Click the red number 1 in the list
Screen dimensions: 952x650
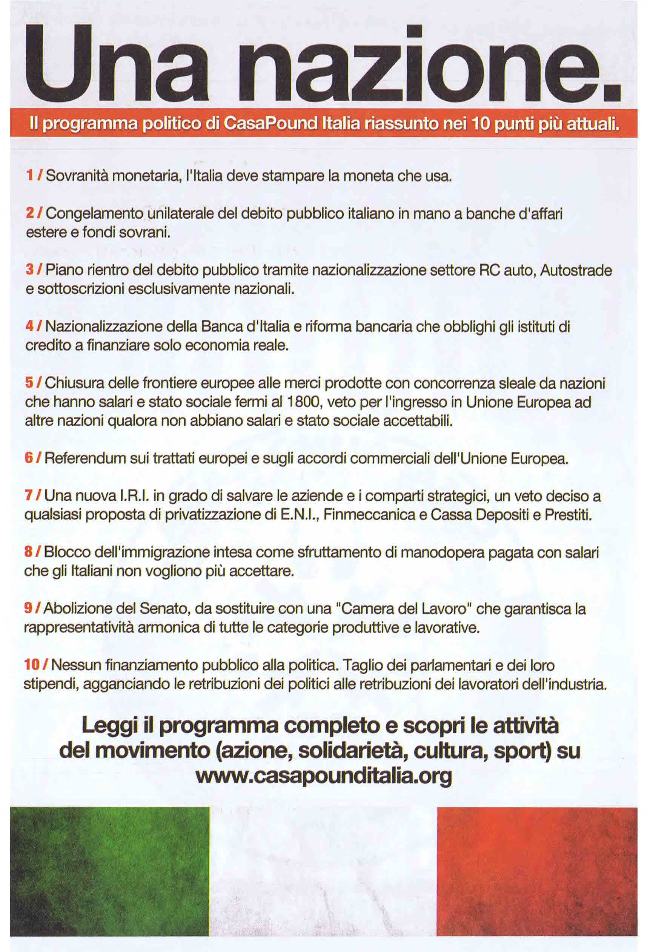click(x=29, y=176)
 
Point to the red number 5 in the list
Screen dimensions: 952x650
click(x=29, y=383)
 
